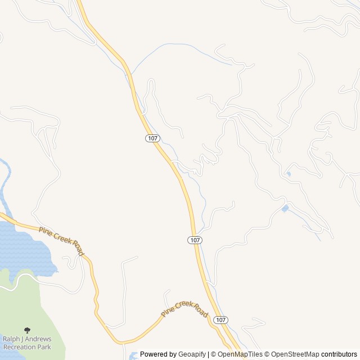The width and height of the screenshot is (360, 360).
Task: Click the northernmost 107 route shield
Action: [152, 138]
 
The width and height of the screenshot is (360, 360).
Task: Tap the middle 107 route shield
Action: [195, 240]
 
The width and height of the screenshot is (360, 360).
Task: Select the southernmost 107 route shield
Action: [221, 319]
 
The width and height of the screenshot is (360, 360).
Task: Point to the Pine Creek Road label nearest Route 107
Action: [184, 309]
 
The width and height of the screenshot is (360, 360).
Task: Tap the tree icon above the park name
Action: [27, 330]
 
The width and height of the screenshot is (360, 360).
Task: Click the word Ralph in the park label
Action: [12, 339]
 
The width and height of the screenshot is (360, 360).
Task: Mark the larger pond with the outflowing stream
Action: [285, 209]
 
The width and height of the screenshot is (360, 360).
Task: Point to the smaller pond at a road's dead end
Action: [289, 174]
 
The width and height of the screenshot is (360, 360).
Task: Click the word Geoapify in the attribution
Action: [192, 354]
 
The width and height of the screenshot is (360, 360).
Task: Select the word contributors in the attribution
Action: [339, 354]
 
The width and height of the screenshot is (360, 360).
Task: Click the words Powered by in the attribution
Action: [158, 354]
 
